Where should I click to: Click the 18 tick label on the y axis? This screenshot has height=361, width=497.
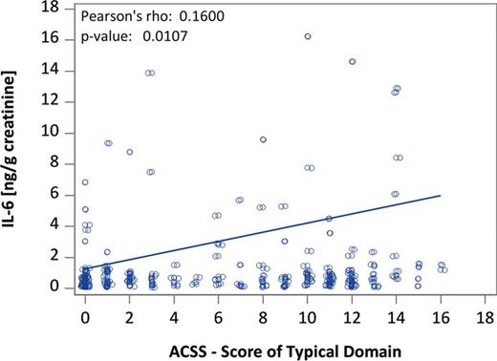coord(59,8)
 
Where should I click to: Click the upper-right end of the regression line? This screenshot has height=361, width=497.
coord(440,195)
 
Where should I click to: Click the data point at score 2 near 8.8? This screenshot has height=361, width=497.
coord(129,152)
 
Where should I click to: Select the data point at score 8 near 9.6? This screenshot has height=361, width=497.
coord(263,139)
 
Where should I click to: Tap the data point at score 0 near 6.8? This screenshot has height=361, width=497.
coord(85,181)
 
